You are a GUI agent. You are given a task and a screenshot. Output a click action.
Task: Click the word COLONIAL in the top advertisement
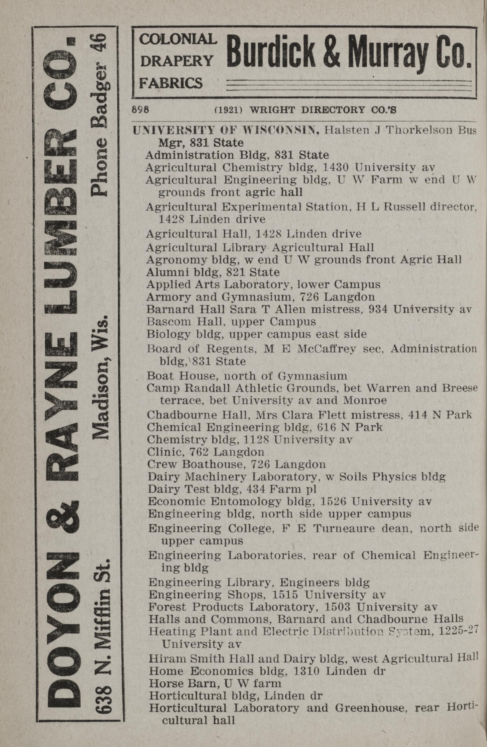point(178,39)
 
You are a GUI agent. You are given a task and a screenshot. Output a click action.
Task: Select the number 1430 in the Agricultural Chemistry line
point(336,168)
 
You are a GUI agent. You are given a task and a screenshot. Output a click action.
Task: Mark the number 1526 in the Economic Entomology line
point(332,501)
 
